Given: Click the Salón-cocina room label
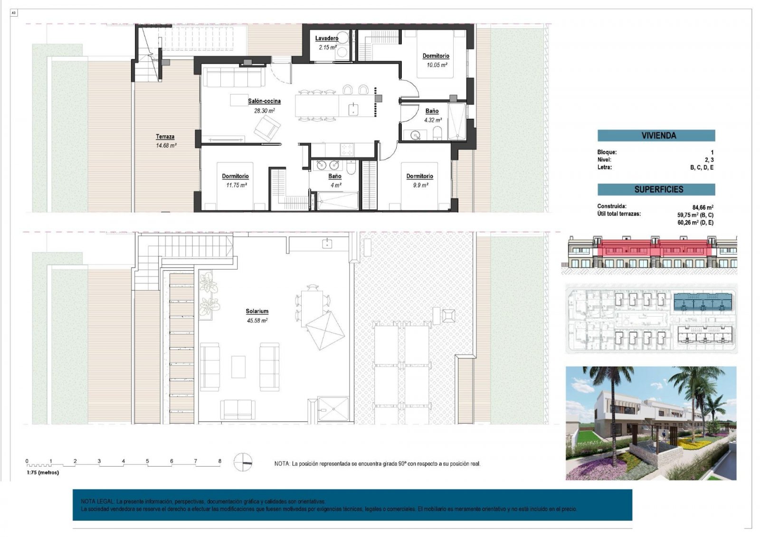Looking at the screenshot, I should (x=264, y=101).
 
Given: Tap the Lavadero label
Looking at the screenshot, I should (x=327, y=38).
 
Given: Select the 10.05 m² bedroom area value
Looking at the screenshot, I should (x=436, y=65).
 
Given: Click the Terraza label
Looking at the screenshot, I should (x=165, y=137).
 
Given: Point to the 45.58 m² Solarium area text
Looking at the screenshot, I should (x=257, y=320).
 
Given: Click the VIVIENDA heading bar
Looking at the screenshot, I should (x=656, y=136).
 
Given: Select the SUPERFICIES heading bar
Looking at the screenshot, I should (x=656, y=189).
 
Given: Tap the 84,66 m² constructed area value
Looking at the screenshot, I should (x=703, y=207).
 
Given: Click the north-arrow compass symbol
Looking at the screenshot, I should (x=243, y=462).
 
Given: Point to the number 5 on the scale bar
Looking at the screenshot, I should (x=147, y=461).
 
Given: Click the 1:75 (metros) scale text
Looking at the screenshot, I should (x=43, y=472).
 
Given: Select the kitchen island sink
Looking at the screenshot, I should (x=353, y=109).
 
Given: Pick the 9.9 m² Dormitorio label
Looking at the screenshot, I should (x=419, y=176).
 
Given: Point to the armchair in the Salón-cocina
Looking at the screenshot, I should (x=267, y=127).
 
